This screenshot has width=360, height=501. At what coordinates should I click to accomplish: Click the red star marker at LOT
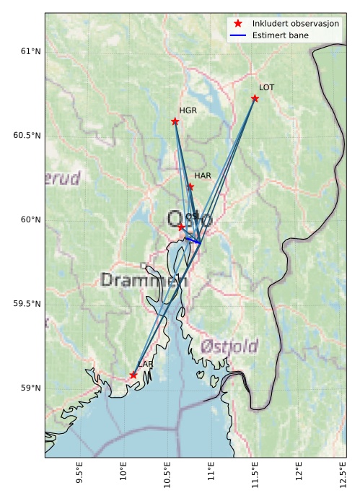click(x=255, y=98)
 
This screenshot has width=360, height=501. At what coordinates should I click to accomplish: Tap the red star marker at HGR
click(x=175, y=121)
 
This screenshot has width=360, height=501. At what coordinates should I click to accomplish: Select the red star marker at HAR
click(x=190, y=186)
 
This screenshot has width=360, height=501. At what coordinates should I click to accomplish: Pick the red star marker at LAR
click(x=133, y=375)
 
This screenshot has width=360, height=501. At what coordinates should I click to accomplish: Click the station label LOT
click(x=266, y=87)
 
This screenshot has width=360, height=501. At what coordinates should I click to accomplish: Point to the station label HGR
click(x=188, y=110)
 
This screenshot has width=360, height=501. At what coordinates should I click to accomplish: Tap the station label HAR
click(x=202, y=175)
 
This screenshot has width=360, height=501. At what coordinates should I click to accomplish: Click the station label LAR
click(x=145, y=364)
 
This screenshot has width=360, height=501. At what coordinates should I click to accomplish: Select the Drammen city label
click(x=144, y=280)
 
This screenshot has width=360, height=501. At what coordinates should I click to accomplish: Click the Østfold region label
click(x=229, y=346)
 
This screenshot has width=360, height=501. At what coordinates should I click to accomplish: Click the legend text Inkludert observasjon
click(x=295, y=24)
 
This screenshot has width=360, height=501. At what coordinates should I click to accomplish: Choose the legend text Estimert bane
click(x=278, y=35)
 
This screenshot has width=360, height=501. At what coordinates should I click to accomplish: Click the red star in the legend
click(x=237, y=24)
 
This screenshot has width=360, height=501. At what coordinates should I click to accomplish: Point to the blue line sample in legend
click(x=237, y=35)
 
